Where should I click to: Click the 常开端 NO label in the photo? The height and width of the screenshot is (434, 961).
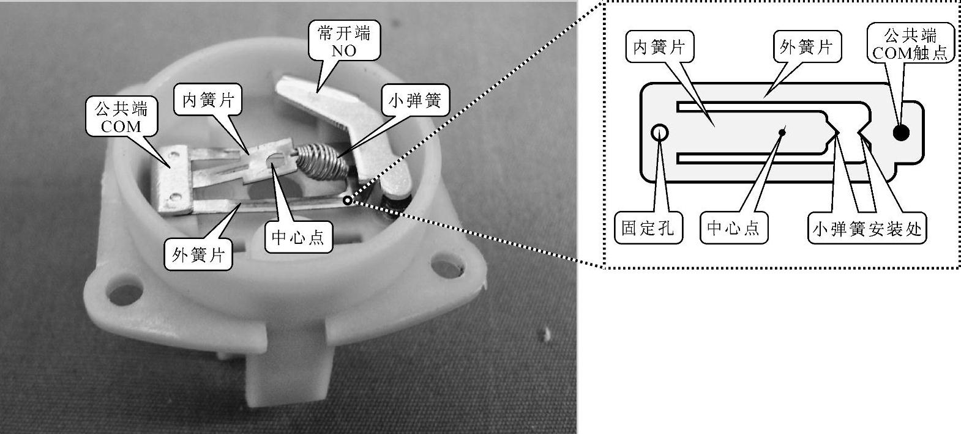(344, 42)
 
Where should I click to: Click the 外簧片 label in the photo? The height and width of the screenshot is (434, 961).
(198, 255)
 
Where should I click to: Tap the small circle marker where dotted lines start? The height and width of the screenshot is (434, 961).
(348, 200)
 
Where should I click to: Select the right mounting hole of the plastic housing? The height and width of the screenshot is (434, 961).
(444, 267)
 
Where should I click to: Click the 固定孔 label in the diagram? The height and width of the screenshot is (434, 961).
(648, 229)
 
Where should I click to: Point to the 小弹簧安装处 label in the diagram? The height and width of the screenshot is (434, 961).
(867, 229)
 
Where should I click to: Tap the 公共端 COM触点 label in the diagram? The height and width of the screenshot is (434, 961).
(910, 43)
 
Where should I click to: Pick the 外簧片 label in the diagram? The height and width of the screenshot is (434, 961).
(806, 46)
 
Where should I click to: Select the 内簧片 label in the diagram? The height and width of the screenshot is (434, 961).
(659, 46)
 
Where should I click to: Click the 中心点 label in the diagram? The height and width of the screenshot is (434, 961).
(733, 229)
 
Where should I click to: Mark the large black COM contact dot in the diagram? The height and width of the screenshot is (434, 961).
(901, 132)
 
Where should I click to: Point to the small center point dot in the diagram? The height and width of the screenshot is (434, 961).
(782, 130)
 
